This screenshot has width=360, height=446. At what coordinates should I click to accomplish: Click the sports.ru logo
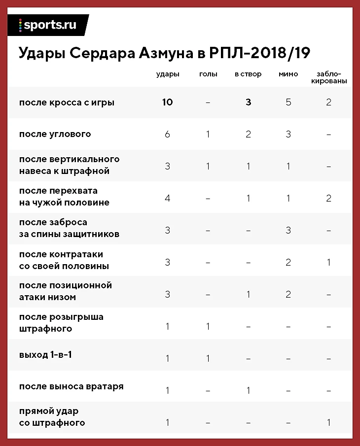click(x=48, y=25)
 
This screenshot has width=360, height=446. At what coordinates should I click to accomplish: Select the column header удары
click(x=167, y=74)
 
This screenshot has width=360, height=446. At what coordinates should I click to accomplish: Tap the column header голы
click(x=208, y=74)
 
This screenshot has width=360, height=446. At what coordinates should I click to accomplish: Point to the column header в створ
click(x=248, y=74)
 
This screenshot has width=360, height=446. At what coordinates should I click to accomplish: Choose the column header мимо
click(x=288, y=74)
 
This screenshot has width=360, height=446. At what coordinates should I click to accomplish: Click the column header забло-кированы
click(x=329, y=77)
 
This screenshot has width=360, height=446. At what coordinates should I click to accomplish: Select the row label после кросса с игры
click(x=67, y=103)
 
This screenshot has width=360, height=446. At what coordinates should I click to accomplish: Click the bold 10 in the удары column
click(x=167, y=103)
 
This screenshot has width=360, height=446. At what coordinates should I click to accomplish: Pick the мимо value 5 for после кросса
click(x=288, y=103)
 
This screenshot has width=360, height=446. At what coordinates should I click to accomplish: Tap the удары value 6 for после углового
click(x=167, y=134)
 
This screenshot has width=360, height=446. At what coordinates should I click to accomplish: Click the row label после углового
click(x=55, y=134)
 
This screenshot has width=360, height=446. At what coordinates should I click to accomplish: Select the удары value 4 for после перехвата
click(x=167, y=198)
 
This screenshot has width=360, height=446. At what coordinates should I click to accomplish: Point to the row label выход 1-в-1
click(x=45, y=355)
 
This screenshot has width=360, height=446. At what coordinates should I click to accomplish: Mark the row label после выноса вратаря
click(x=71, y=386)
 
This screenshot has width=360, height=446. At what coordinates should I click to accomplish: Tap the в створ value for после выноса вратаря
click(x=249, y=390)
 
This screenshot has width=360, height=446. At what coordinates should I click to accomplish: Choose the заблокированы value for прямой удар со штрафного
click(x=329, y=422)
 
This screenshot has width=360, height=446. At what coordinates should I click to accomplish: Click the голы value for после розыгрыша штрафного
click(x=208, y=327)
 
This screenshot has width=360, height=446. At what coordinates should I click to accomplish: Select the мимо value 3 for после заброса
click(x=288, y=230)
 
